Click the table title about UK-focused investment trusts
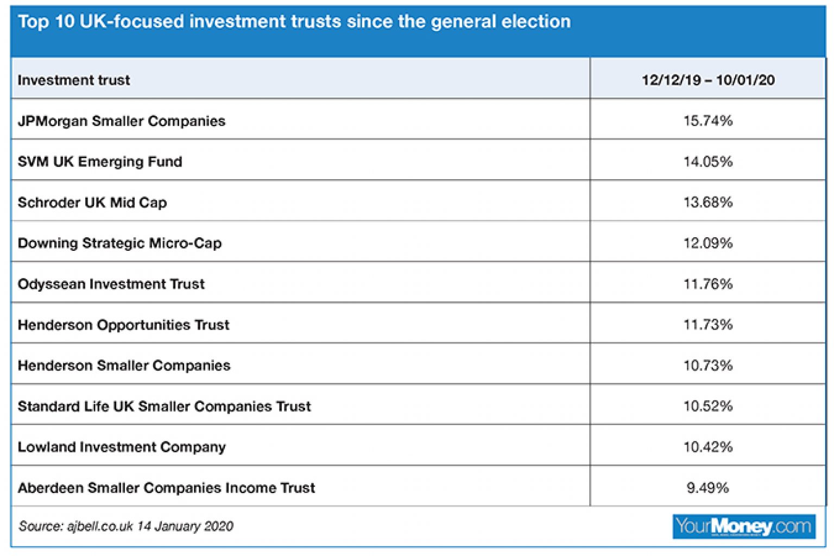[x=294, y=22]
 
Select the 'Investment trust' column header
[x=74, y=80]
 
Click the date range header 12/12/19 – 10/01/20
[x=708, y=80]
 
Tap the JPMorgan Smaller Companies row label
[x=122, y=121]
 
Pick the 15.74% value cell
[x=708, y=121]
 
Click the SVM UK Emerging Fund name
[x=100, y=162]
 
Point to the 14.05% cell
[x=708, y=161]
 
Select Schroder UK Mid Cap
[x=92, y=203]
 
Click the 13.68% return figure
[x=708, y=202]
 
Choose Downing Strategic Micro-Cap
[x=119, y=243]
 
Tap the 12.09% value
[x=708, y=243]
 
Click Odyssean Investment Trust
[x=111, y=284]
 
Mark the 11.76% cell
[x=708, y=283]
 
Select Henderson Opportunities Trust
[x=124, y=325]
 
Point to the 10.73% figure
[x=708, y=365]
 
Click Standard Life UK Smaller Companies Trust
[x=165, y=406]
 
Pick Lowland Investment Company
[x=122, y=447]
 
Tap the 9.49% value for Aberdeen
[x=707, y=488]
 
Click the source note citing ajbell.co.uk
[x=126, y=526]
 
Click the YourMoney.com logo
[x=743, y=526]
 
